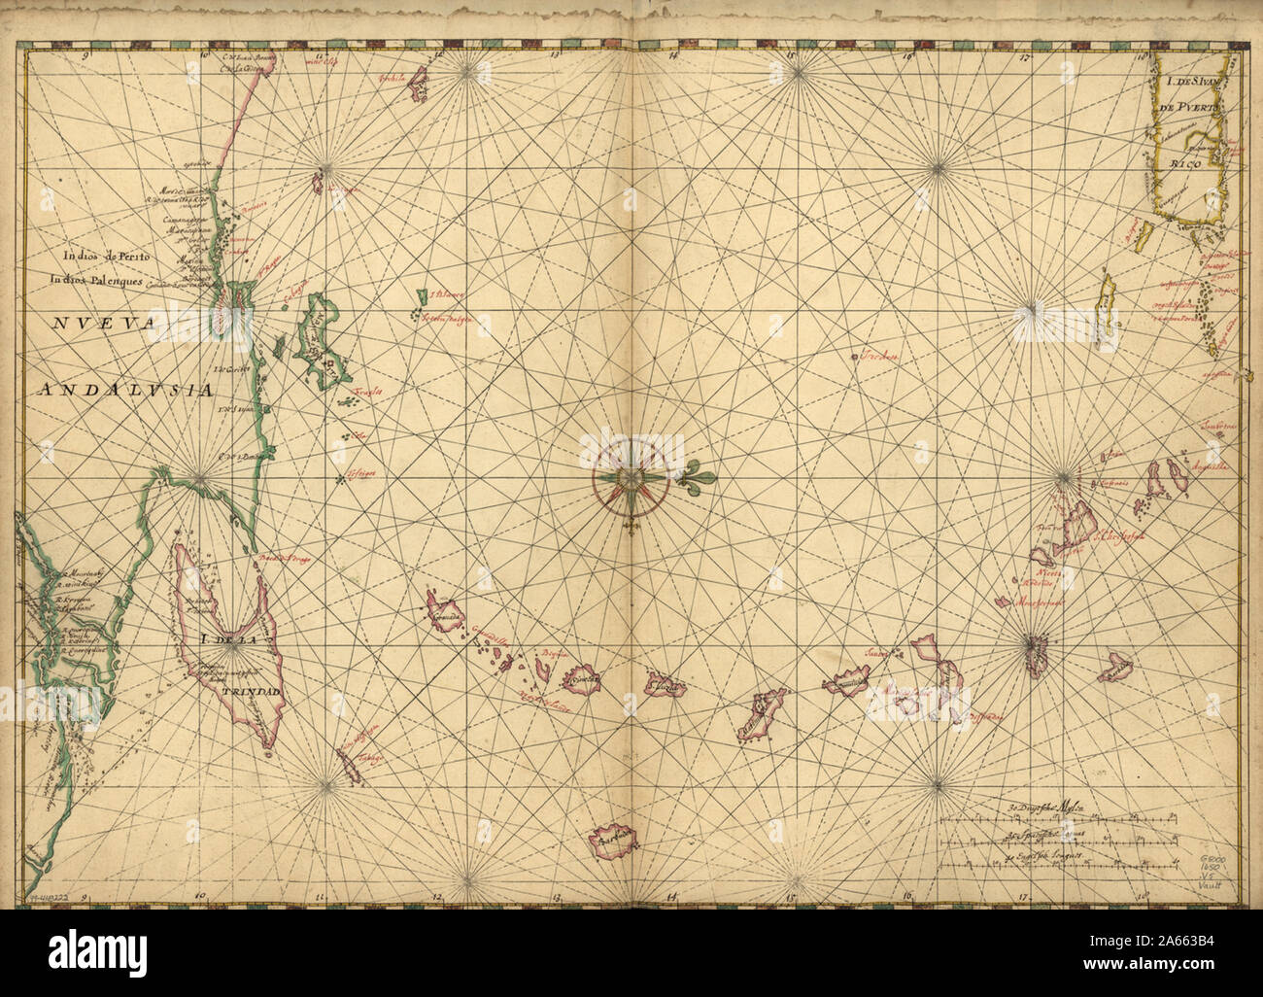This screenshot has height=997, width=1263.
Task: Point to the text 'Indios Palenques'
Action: point(98,280)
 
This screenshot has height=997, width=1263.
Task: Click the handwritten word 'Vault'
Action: point(1214,884)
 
